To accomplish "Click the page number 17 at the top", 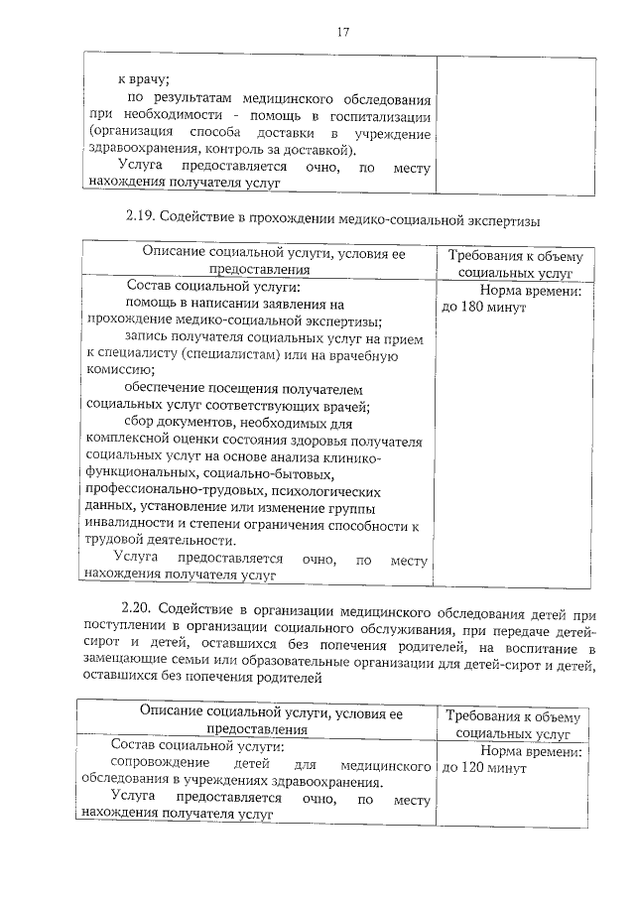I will [x=343, y=32].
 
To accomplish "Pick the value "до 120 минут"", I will [x=483, y=767].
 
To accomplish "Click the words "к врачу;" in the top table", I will [x=144, y=78].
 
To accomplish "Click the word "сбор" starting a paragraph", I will [x=140, y=422].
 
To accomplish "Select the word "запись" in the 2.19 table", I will [x=147, y=337].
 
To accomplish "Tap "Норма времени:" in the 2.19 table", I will [x=529, y=292].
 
